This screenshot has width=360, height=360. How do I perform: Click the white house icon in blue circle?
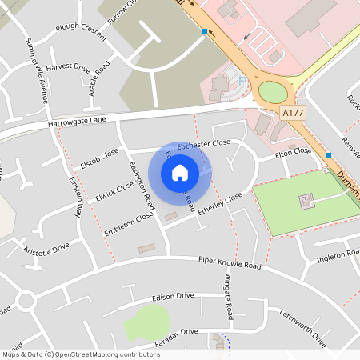click(180, 173)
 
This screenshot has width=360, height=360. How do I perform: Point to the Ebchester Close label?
click(203, 143)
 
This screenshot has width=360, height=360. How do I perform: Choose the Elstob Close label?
click(99, 158)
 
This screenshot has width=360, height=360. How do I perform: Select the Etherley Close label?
click(222, 203)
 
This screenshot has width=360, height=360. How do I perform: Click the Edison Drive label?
click(173, 296)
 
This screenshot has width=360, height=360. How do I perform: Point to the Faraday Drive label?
click(177, 332)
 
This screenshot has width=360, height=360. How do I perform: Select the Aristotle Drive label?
click(46, 249)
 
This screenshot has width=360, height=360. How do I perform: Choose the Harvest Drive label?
click(68, 69)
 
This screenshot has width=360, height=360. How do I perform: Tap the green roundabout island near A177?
click(272, 90)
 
